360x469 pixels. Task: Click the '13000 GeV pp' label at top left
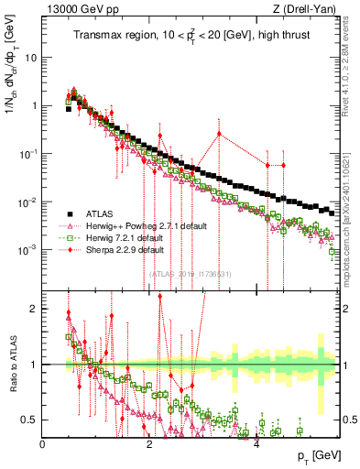[x=76, y=8]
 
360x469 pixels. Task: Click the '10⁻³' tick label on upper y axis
[x=30, y=250]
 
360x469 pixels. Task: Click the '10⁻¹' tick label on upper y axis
[x=30, y=154]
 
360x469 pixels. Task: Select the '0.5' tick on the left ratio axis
[x=29, y=420]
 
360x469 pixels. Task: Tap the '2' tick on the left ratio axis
[x=35, y=309]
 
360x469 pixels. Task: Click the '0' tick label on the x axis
[x=43, y=443]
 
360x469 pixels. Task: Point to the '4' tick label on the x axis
[x=256, y=443]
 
